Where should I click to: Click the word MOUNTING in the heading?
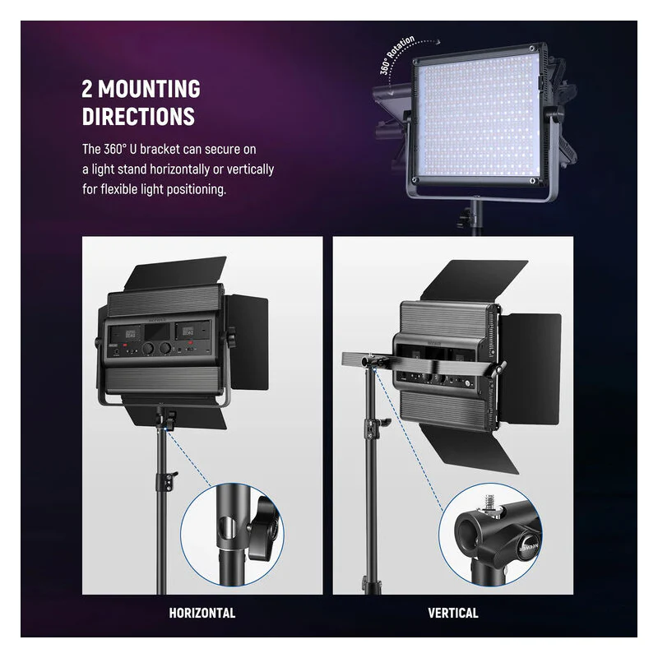tap(149, 89)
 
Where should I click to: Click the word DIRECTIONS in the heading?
tap(138, 116)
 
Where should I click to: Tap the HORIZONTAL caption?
tap(202, 613)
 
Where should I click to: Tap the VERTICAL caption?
tap(453, 613)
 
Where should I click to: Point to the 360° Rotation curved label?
tap(396, 54)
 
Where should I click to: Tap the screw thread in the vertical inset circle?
tap(489, 503)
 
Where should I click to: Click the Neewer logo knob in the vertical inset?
tap(527, 546)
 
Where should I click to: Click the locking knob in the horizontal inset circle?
tap(263, 529)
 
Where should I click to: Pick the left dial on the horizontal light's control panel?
tap(148, 348)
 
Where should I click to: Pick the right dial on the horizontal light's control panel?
tap(165, 348)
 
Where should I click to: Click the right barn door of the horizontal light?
tap(248, 342)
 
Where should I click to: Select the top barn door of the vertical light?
tap(474, 280)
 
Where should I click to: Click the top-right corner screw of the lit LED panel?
tap(531, 49)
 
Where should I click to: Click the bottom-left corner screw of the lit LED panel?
tap(415, 180)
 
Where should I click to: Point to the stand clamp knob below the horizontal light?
tap(171, 418)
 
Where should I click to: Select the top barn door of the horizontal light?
tap(176, 274)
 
